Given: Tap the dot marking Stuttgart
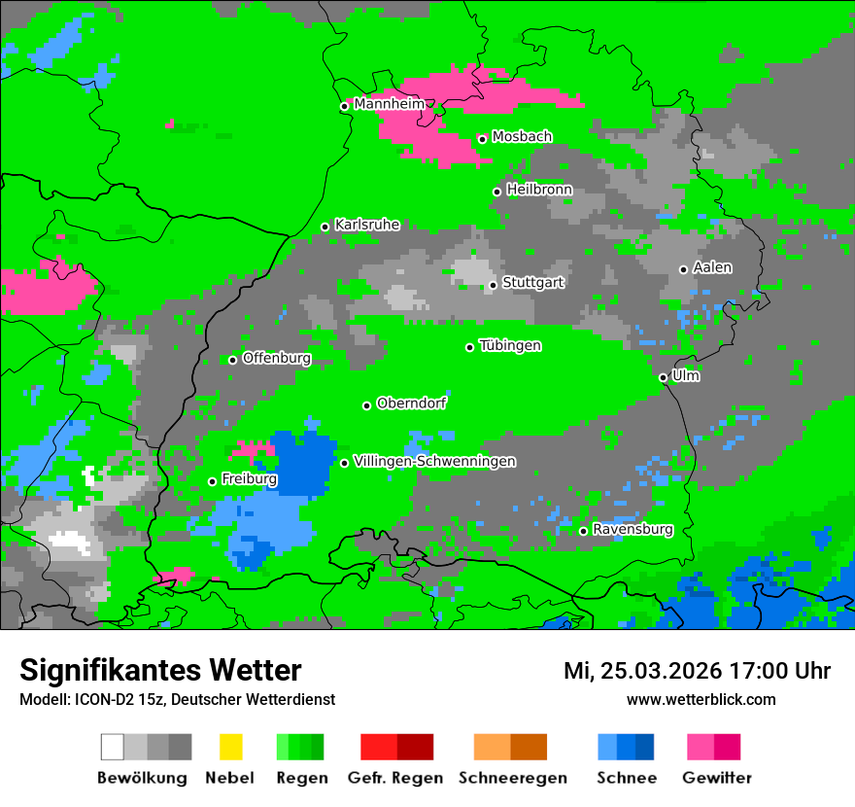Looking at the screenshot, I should (x=493, y=285).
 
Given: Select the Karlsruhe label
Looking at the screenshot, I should (x=366, y=225).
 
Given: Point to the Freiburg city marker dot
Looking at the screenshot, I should (x=212, y=481).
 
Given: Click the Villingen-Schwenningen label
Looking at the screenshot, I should (x=434, y=461).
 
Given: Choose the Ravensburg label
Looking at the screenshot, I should (x=633, y=529).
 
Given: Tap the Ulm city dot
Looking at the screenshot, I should (x=663, y=377).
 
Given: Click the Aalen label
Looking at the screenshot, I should (x=712, y=267).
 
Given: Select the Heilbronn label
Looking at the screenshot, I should (x=539, y=190).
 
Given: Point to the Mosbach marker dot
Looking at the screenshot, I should (x=482, y=139).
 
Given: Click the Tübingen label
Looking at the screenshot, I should (x=510, y=345).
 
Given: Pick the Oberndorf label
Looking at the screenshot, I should (x=411, y=403).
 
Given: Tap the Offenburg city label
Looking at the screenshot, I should (x=276, y=358).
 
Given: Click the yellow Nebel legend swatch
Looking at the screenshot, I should (x=230, y=747).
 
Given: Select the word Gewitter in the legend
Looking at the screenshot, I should (x=716, y=778).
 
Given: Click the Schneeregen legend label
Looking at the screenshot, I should (x=510, y=778).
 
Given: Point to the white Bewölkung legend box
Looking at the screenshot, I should (x=113, y=747).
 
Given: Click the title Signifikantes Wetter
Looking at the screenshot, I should (x=160, y=670).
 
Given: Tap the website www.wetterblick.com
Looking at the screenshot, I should (x=701, y=699).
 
